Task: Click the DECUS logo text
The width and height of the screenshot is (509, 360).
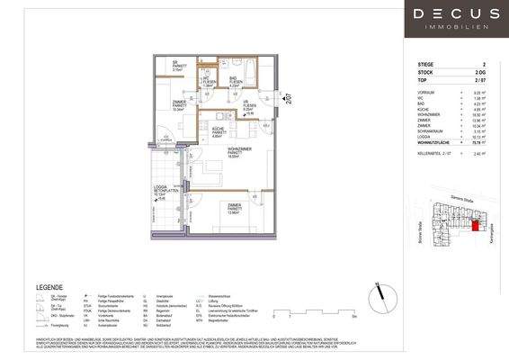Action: (458, 15)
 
